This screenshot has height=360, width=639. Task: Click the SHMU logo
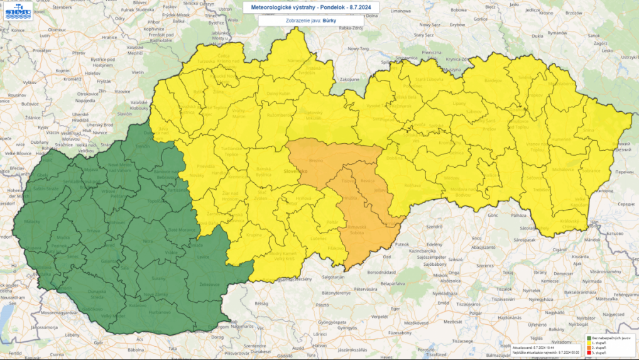click(16, 11)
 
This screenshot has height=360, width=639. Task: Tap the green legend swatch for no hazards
click(588, 337)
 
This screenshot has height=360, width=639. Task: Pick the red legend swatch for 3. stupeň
click(588, 352)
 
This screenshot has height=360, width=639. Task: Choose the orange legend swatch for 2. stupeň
click(588, 347)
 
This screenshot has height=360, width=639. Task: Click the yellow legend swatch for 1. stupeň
click(588, 342)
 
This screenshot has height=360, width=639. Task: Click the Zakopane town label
click(349, 80)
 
